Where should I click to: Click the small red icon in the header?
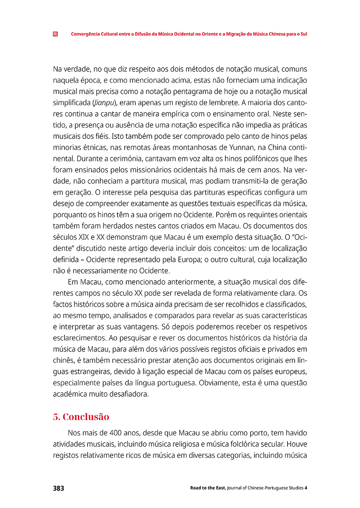(x=55, y=34)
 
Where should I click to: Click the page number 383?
(x=59, y=488)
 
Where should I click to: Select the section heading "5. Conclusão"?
(x=81, y=417)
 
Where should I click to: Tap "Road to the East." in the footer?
(x=208, y=488)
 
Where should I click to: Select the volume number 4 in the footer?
(x=306, y=488)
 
